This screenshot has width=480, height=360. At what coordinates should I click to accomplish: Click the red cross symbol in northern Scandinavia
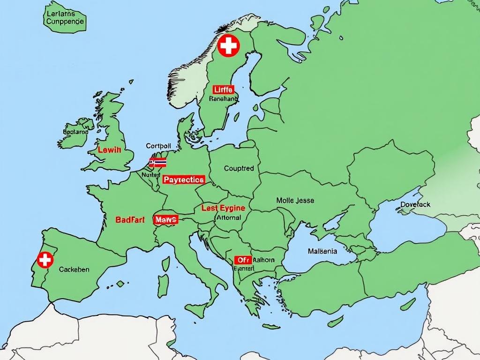coord(229,46)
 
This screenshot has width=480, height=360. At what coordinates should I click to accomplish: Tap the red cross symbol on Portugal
coord(45,259)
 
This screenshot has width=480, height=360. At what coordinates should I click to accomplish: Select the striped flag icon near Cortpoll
coord(157,163)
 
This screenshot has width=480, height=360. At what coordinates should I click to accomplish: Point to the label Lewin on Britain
coord(109,150)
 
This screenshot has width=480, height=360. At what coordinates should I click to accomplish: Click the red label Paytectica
coord(184,180)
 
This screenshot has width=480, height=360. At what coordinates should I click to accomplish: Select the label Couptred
coord(239,168)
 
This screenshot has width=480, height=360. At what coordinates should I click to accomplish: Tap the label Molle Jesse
coord(295,200)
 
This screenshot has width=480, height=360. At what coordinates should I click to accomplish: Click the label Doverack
coord(415,204)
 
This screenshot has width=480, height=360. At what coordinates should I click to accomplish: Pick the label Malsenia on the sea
coord(322,251)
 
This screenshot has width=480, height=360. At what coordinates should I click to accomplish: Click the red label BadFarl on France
coord(130,219)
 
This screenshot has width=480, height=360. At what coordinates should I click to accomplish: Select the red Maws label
coord(165,219)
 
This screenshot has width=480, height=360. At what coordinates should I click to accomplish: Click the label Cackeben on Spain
coord(74,270)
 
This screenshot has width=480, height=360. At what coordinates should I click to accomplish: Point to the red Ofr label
coord(242,260)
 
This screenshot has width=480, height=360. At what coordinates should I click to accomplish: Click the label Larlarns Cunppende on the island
coord(65,18)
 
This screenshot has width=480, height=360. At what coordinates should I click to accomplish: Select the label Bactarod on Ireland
coord(75,132)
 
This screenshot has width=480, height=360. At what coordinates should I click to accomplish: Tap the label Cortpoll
coord(158,146)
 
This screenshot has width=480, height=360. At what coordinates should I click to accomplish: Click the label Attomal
coord(229,217)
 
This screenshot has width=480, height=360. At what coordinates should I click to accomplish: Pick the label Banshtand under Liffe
coord(223,99)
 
